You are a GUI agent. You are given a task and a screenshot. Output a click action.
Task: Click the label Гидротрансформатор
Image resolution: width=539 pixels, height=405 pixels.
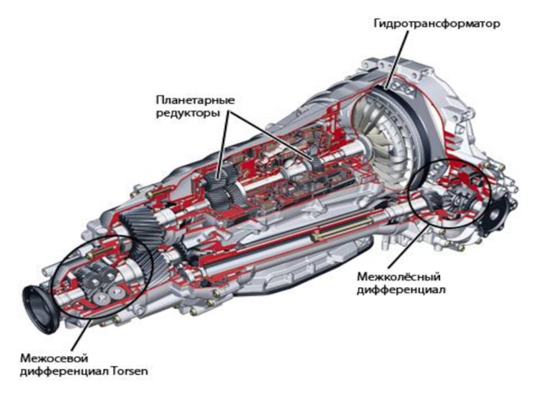coord(437,24)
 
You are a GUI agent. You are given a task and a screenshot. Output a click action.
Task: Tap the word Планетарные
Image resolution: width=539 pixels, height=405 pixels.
coord(195,100)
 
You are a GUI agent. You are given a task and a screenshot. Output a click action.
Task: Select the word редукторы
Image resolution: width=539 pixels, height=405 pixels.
coord(188,113)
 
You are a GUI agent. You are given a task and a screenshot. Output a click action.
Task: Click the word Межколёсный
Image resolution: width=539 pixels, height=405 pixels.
coord(399,277)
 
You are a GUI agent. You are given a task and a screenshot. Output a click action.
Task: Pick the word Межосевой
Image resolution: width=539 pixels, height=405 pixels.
coord(55,358)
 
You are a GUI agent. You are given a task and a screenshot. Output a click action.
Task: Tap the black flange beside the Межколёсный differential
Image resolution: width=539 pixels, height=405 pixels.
coord(498,215)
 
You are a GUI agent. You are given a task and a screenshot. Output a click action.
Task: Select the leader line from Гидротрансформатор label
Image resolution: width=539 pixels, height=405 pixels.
coord(398,59)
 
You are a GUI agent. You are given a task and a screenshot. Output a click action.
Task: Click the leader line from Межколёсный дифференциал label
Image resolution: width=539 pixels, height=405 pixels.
coord(408,245)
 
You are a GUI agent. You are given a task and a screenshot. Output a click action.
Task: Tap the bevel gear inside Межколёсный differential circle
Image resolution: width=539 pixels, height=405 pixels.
coord(455,199)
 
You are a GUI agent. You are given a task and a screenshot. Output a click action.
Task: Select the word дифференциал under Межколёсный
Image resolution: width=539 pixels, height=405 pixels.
coord(401,290)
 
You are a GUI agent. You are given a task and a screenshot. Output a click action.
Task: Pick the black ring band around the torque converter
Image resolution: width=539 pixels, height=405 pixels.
coord(416,121)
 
